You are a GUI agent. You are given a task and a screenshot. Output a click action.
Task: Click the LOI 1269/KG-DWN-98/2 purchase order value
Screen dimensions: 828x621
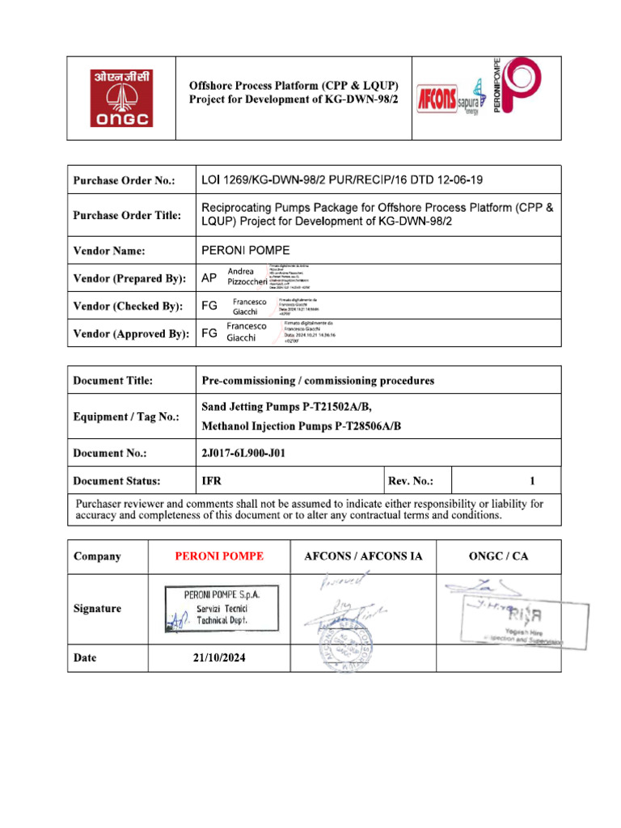click(x=342, y=180)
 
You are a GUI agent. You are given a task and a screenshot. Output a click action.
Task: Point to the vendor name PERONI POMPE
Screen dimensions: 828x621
click(x=245, y=251)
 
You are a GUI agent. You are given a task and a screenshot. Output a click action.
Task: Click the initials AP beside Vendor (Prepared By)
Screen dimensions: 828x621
click(x=209, y=278)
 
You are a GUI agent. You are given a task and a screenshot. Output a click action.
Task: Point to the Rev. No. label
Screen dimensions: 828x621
click(x=410, y=481)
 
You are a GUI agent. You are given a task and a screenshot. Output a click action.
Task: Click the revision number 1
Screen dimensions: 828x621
click(x=532, y=481)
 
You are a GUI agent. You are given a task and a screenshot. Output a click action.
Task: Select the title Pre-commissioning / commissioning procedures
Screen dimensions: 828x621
click(x=317, y=380)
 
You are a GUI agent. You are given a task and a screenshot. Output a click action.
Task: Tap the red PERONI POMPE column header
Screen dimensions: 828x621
click(x=219, y=556)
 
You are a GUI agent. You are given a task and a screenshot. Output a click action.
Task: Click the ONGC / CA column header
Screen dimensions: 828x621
click(x=498, y=556)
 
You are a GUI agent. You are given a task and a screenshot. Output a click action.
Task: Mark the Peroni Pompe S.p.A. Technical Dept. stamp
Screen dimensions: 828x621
click(x=221, y=608)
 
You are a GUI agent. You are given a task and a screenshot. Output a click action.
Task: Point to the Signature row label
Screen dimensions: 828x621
click(x=97, y=608)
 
